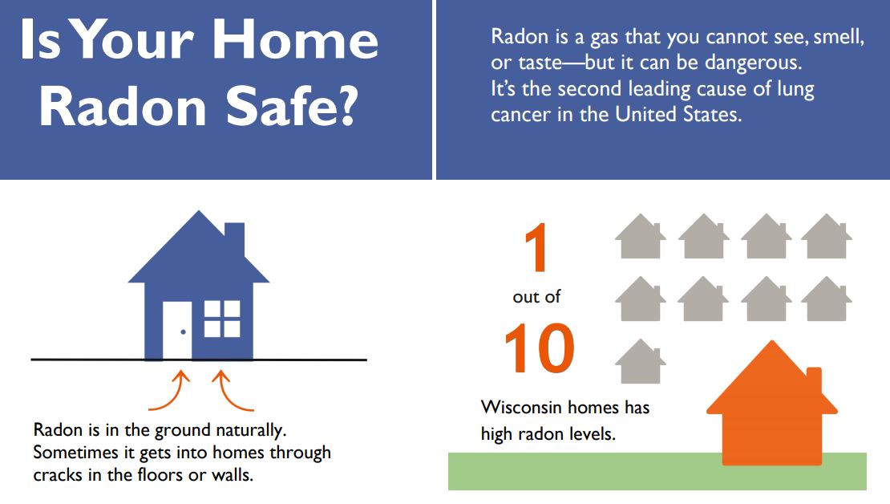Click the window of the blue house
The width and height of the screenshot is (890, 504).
222,319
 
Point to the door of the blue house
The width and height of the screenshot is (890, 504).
177,330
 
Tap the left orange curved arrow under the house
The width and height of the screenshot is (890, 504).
170,390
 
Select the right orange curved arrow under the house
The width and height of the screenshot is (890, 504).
233,390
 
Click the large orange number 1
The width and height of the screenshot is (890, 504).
536,247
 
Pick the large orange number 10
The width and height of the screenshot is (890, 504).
540,348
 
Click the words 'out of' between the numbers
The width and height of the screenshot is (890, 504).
536,297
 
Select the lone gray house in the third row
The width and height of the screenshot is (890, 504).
641,361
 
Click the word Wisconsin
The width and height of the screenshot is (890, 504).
521,408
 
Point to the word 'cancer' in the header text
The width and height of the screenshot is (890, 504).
521,115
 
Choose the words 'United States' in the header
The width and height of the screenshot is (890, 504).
678,114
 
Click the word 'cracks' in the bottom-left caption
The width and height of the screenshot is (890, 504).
57,474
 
